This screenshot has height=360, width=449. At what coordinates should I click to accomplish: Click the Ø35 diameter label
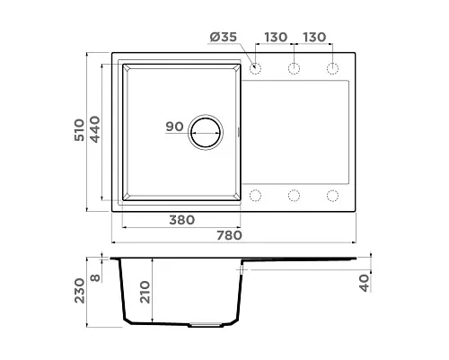pos(224,37)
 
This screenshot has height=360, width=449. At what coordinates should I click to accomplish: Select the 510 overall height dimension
pos(80,130)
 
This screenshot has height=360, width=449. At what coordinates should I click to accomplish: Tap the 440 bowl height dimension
pos(95,129)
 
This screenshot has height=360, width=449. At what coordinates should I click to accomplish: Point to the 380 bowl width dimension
pos(182,220)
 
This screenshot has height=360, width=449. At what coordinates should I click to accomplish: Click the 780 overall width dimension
pos(229,235)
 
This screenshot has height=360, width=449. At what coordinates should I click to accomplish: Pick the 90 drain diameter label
pos(174,127)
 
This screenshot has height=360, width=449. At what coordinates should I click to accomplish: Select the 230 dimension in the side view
pos(80,291)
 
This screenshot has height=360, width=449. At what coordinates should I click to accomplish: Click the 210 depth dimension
pos(145,292)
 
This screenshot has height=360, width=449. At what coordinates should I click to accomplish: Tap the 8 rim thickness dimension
pos(95,277)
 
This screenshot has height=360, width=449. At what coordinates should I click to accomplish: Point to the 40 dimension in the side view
pos(365,283)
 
